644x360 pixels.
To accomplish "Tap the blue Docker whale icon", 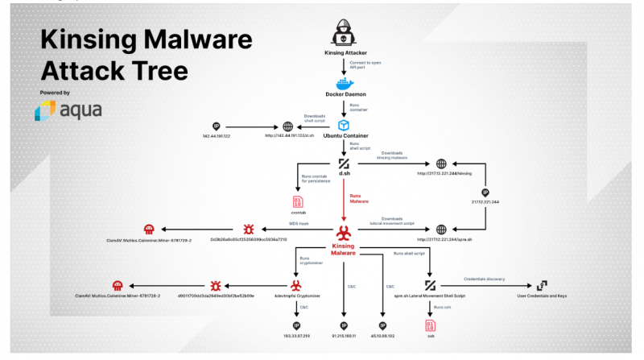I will point(344,85).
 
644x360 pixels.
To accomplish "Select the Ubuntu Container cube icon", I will point(344,125).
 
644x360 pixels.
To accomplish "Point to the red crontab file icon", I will point(298,201).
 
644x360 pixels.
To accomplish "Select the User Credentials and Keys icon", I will point(541,285).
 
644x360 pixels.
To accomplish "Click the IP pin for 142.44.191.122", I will point(216,126).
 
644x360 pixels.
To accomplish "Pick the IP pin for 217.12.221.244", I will point(485,193).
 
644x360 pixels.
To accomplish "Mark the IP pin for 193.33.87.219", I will point(297,325).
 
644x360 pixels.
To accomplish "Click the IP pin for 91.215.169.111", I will point(344,325).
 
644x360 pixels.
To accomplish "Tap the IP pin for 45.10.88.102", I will point(383,325).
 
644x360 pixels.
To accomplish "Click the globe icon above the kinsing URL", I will point(440,163).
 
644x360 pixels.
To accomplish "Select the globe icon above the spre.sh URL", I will point(440,230).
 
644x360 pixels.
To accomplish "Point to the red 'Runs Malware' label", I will point(360,198).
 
